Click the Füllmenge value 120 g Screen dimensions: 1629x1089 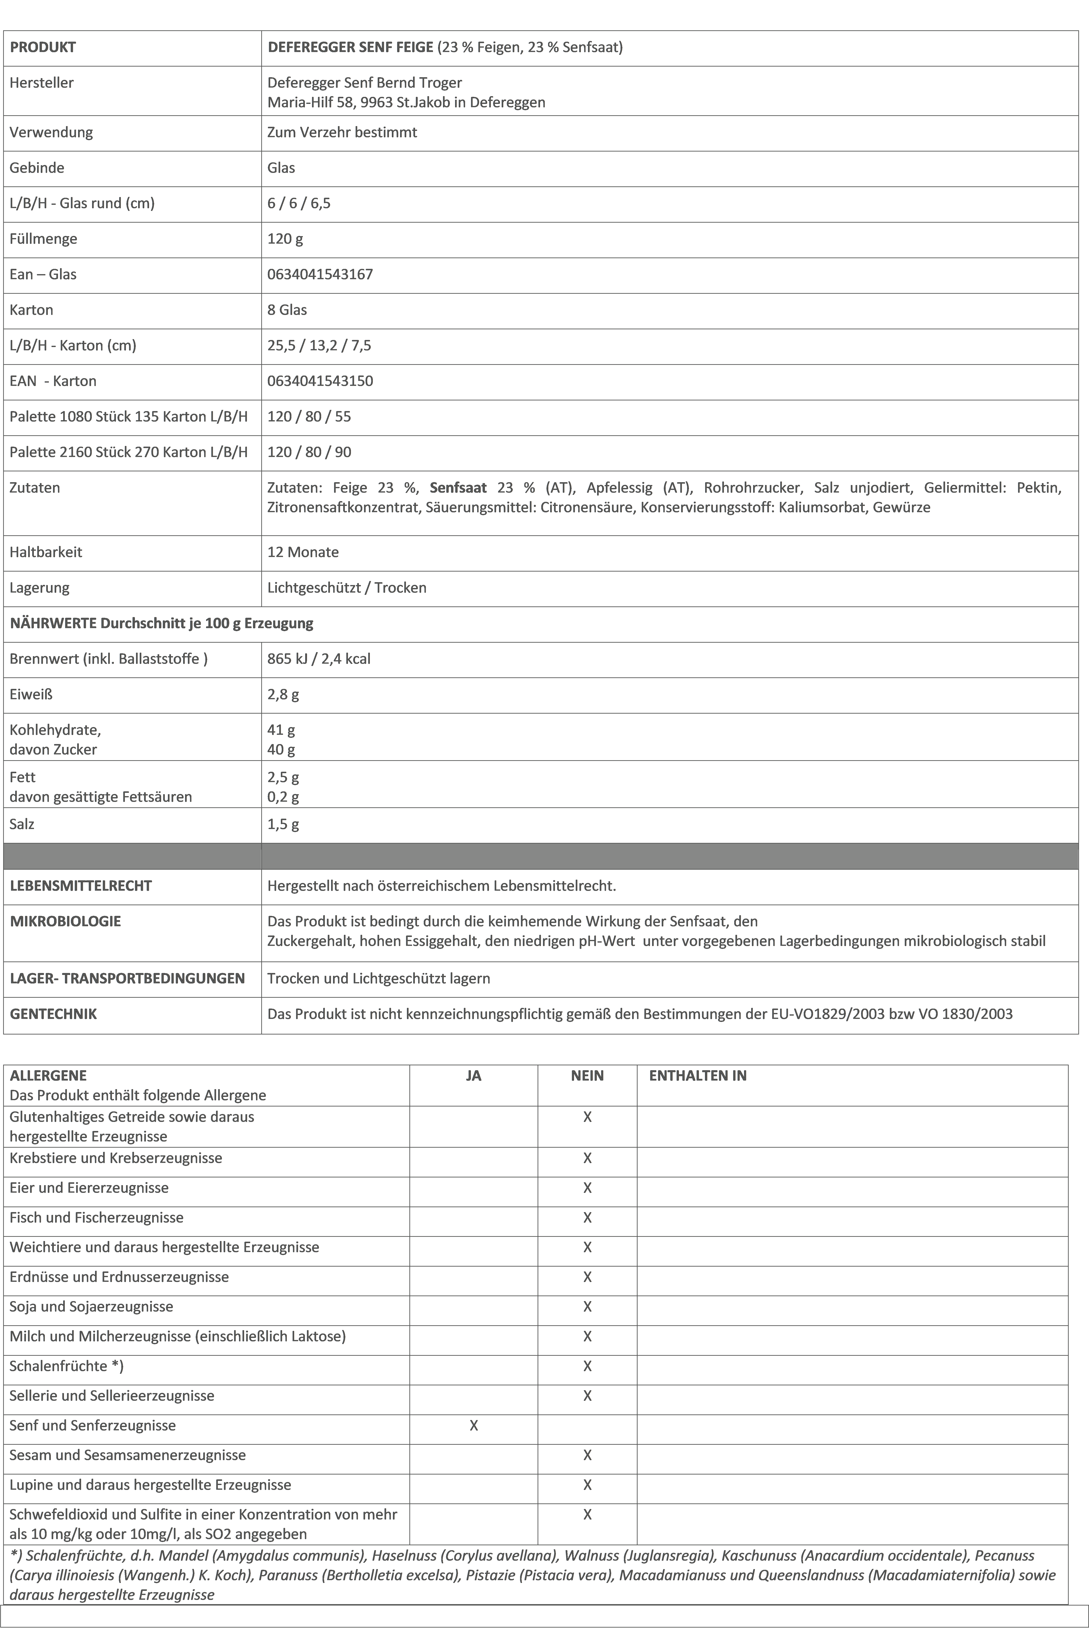pos(285,239)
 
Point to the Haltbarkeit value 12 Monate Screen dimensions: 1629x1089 pos(303,552)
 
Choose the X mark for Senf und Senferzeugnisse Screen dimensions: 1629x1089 pos(474,1425)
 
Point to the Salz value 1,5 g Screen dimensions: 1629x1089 pos(283,825)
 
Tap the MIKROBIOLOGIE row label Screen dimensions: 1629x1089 pos(65,922)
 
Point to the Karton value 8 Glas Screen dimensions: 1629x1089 pos(287,310)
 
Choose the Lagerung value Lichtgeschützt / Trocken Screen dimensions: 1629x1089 pos(347,588)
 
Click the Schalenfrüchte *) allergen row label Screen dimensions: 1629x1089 pos(66,1366)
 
